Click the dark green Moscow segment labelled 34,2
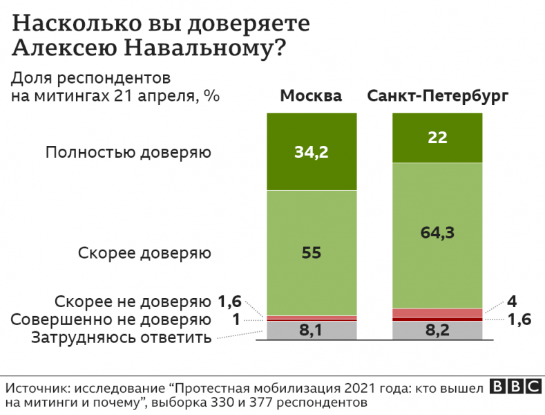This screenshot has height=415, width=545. pos(312,151)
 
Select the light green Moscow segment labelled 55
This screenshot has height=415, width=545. pos(312,252)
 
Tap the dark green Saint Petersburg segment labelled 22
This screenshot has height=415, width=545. pos(437,137)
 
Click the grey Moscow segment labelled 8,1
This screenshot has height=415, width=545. pos(312,331)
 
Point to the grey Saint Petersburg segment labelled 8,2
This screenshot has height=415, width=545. pos(437,331)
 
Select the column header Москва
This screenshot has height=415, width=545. pos(311,95)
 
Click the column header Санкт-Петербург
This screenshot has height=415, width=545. pos(438,95)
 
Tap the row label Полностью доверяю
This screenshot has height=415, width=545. pos(128,151)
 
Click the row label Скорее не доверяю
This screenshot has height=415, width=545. pos(132,302)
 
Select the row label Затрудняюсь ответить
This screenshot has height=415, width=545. pos(120,338)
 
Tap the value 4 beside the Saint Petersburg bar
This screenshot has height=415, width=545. pos(511,302)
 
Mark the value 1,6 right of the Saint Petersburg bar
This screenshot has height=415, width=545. pos(519,320)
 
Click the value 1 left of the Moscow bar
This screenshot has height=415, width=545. pos(236,320)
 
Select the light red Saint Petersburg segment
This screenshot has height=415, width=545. pos(437,313)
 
